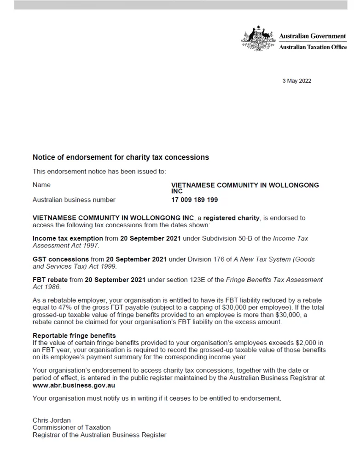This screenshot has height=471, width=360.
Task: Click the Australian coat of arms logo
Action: coord(259,39)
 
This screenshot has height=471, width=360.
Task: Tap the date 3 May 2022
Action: coord(296,81)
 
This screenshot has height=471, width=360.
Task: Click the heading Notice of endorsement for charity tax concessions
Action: coord(121,157)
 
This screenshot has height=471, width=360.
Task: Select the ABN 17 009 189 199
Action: coord(194,200)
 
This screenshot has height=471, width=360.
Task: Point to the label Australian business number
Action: coord(74,200)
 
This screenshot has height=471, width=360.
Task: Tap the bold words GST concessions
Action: coord(61,259)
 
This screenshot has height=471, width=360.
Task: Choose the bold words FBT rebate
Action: coord(51,280)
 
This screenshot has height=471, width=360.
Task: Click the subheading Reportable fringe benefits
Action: coord(74,336)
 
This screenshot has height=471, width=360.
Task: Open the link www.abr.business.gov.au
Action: coord(74,385)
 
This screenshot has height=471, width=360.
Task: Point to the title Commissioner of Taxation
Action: coord(71,427)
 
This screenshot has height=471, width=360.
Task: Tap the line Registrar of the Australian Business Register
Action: coord(99,435)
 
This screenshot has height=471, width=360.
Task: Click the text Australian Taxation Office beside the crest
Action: coord(313,47)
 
